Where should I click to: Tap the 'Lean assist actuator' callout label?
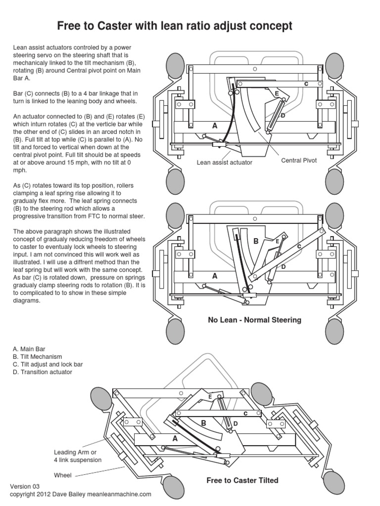click(x=224, y=162)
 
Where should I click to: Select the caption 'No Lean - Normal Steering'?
click(x=254, y=320)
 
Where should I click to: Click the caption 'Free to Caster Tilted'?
click(x=242, y=480)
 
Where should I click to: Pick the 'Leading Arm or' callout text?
click(x=75, y=452)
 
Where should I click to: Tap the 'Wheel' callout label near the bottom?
click(x=62, y=475)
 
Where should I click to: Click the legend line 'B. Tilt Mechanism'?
click(x=37, y=356)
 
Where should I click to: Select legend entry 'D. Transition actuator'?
click(x=42, y=372)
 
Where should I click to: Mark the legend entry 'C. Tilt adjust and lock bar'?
click(x=47, y=364)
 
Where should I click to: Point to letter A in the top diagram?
click(x=215, y=126)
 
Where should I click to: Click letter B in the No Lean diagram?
click(x=256, y=241)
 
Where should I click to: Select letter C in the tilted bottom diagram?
click(x=245, y=413)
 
